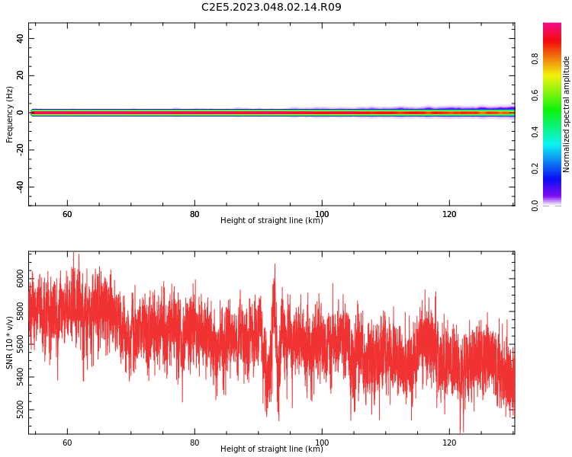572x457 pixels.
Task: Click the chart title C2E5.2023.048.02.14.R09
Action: (271, 7)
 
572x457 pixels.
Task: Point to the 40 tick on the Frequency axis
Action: (20, 38)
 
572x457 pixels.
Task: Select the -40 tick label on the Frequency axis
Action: (20, 187)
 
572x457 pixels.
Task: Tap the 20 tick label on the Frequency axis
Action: (20, 75)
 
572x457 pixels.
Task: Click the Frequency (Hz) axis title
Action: (9, 114)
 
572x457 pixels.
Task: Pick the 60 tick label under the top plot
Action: (67, 214)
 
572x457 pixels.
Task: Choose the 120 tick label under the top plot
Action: (449, 214)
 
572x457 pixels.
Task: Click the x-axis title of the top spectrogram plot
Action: (272, 220)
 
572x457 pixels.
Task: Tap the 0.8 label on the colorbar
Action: (535, 59)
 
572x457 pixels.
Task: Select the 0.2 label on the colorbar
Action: (535, 169)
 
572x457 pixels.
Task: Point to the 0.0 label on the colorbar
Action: (535, 205)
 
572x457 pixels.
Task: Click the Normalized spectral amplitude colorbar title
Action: (566, 114)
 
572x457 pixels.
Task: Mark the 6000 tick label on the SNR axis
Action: (20, 279)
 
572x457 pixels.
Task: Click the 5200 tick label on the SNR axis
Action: (20, 410)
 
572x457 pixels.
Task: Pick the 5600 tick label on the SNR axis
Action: (20, 344)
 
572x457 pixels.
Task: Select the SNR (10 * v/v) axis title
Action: (9, 343)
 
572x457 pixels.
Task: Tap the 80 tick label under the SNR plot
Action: (194, 443)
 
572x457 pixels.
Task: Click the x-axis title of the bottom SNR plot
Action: (272, 449)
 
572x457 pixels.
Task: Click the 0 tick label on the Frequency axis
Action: (20, 113)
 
